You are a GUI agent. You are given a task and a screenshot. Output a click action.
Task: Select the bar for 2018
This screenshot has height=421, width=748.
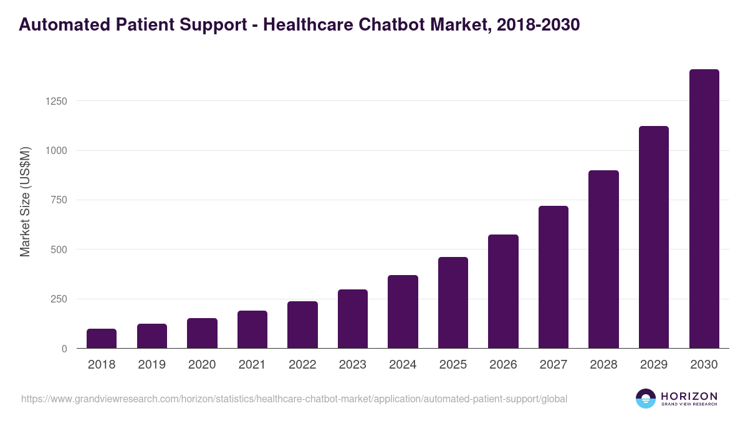tap(102, 339)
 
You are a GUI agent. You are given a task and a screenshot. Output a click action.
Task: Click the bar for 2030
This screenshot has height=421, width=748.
tap(704, 209)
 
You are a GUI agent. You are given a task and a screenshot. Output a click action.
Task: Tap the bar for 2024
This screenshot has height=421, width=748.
tap(403, 312)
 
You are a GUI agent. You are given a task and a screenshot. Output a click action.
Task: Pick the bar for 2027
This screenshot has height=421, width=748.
tap(554, 277)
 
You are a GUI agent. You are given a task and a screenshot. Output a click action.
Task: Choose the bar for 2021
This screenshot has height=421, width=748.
tap(252, 329)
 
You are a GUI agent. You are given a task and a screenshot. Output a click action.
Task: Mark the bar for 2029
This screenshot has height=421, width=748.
tap(654, 237)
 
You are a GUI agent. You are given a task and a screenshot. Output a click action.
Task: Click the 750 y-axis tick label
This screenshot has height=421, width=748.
tap(58, 200)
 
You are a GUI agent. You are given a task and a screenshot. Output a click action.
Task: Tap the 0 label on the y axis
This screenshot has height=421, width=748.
tap(64, 349)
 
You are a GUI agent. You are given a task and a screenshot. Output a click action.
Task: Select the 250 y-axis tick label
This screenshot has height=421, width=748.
tap(58, 299)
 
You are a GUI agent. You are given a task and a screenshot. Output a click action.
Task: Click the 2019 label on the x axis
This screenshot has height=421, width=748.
tap(152, 365)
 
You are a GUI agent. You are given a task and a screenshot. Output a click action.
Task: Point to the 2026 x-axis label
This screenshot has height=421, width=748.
tap(503, 365)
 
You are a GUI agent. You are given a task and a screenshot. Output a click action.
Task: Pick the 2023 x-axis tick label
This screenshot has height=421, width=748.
tap(353, 365)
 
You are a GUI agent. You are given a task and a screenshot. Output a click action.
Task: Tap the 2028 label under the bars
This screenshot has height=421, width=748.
tap(603, 365)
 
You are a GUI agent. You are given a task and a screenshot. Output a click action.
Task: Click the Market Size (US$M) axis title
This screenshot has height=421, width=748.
tap(25, 202)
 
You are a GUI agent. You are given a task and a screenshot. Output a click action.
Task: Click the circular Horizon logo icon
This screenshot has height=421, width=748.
tap(646, 399)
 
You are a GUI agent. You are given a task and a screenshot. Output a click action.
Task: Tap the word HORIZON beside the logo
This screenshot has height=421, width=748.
tap(689, 396)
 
